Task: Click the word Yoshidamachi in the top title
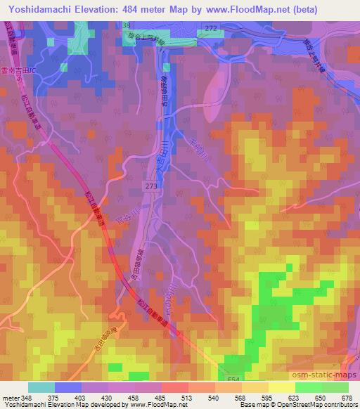point(40,9)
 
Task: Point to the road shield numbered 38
point(127,25)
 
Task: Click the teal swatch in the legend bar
point(41,387)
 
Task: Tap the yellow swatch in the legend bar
point(281,387)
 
